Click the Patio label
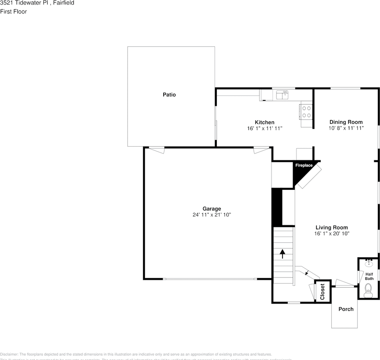tap(169, 95)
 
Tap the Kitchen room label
tap(264, 122)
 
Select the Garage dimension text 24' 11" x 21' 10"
tap(212, 215)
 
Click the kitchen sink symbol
tap(282, 94)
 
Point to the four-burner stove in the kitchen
tap(306, 111)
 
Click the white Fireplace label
tap(304, 165)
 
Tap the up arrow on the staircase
tap(282, 254)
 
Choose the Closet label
tap(323, 291)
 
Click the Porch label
tap(346, 309)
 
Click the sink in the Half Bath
tap(368, 263)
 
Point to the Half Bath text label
tap(369, 276)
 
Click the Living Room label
tap(332, 227)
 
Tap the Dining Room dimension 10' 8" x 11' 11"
tap(346, 128)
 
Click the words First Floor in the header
tap(14, 12)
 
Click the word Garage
tap(212, 209)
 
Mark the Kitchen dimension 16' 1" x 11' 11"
tap(264, 128)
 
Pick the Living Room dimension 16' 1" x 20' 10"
tap(332, 233)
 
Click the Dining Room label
tap(346, 122)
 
